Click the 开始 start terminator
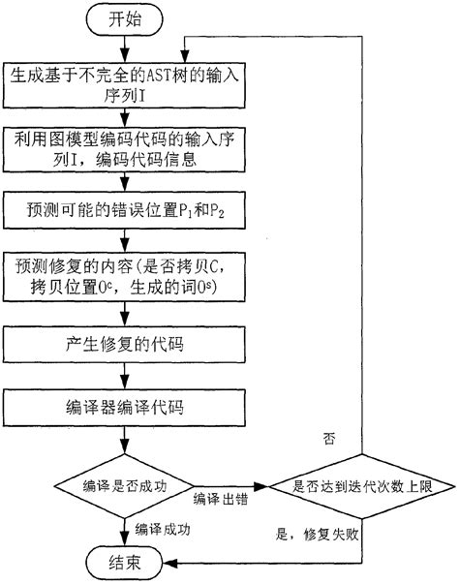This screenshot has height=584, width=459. click(125, 19)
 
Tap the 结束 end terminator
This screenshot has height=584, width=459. click(125, 563)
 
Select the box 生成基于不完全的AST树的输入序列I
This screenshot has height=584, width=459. click(124, 85)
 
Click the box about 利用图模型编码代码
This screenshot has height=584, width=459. click(124, 149)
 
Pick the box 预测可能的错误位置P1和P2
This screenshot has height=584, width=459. click(124, 210)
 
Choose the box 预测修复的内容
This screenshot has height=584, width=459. click(124, 277)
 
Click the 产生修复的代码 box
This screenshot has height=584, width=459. click(124, 345)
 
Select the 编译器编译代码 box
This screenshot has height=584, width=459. click(124, 408)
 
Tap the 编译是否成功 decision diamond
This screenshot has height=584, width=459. click(124, 486)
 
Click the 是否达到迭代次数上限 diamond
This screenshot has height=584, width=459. click(362, 486)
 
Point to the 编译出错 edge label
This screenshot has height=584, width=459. click(221, 499)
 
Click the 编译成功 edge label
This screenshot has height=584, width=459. click(163, 529)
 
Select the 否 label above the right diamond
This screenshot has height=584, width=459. click(329, 439)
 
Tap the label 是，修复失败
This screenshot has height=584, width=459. click(318, 535)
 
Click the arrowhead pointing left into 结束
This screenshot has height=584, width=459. click(170, 563)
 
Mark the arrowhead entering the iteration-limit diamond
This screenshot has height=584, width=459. click(261, 486)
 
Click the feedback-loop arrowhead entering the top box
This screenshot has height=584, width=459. click(185, 56)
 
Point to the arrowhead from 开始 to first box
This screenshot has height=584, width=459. click(125, 56)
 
